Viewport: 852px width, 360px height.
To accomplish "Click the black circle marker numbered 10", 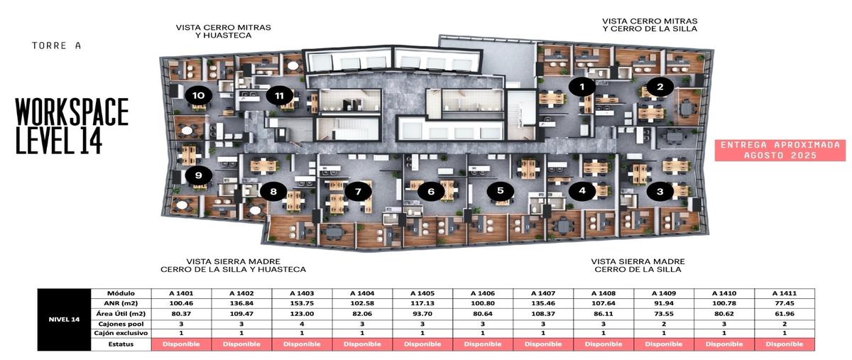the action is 199,96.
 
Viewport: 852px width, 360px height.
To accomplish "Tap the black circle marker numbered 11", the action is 280,96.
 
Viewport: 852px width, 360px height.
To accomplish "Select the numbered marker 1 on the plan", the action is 582,87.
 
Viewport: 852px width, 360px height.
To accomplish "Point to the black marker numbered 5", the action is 500,191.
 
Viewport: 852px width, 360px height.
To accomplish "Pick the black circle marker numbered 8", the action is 273,192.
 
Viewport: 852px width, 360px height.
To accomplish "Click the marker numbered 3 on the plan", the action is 660,192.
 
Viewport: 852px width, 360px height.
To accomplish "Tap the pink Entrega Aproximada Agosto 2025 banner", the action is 780,151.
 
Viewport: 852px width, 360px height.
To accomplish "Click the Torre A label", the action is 56,45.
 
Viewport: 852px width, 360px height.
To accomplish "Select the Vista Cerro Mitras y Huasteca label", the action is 224,31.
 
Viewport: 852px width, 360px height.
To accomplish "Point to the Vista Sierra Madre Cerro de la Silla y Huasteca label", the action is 233,266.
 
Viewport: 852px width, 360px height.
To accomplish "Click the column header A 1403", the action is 302,293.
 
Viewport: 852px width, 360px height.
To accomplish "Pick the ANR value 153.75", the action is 302,303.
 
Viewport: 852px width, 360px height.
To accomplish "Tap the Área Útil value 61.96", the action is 785,314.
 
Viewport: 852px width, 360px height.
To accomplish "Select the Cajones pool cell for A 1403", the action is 302,324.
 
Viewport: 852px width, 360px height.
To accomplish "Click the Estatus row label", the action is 121,344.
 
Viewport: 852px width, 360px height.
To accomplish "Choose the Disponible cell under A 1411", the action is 785,344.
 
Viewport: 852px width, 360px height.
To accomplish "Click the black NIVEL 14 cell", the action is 65,320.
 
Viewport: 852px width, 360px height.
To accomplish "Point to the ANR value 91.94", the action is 664,303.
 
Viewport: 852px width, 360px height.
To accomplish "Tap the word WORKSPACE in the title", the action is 72,111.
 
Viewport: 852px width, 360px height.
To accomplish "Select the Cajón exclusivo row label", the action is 121,333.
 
